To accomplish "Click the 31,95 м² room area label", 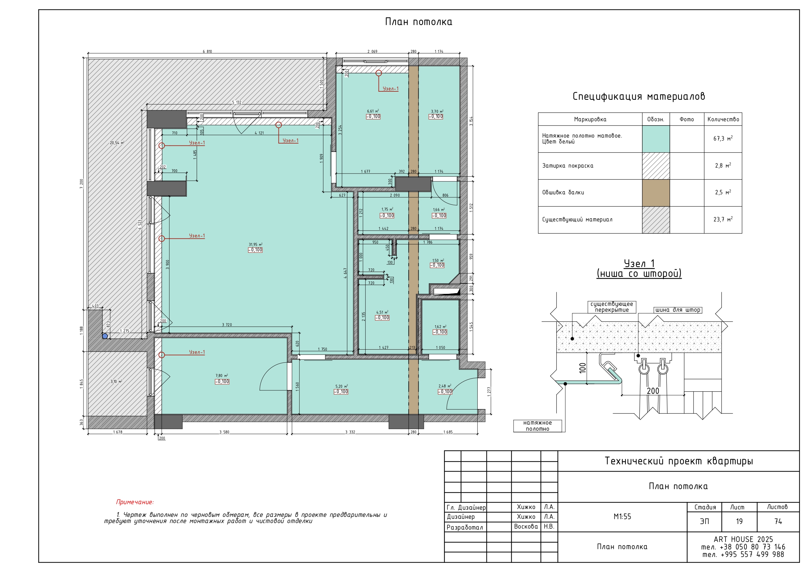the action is (x=255, y=244).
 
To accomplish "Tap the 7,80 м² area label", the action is (x=222, y=376).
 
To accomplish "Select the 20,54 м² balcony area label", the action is (x=117, y=143).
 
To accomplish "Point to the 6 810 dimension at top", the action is (x=207, y=52).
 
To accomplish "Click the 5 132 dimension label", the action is (x=237, y=102).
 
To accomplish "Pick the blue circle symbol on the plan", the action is (x=105, y=336).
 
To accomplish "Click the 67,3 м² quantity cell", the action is (x=723, y=139).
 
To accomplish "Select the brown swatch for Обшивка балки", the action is (x=656, y=193).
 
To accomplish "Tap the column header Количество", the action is (x=723, y=119).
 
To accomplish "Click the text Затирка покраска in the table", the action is (x=568, y=166).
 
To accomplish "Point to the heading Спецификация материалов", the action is (x=638, y=96).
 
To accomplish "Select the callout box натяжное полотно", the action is (x=538, y=426).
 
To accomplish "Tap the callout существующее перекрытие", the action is (x=612, y=307).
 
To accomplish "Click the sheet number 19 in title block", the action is (x=739, y=521).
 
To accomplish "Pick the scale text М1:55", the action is (x=622, y=517).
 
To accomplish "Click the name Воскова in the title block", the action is (x=526, y=527).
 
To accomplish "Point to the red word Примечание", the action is (x=135, y=502).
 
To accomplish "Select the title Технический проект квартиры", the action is (x=679, y=461).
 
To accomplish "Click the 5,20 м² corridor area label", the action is (x=341, y=386).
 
